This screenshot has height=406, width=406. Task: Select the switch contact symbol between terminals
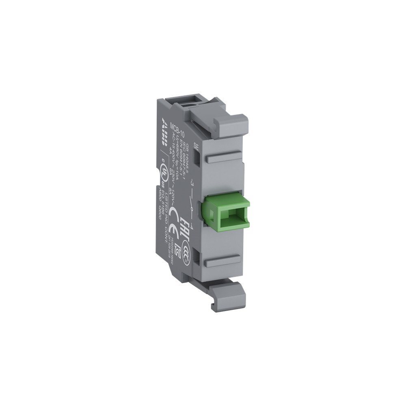(x=191, y=205)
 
